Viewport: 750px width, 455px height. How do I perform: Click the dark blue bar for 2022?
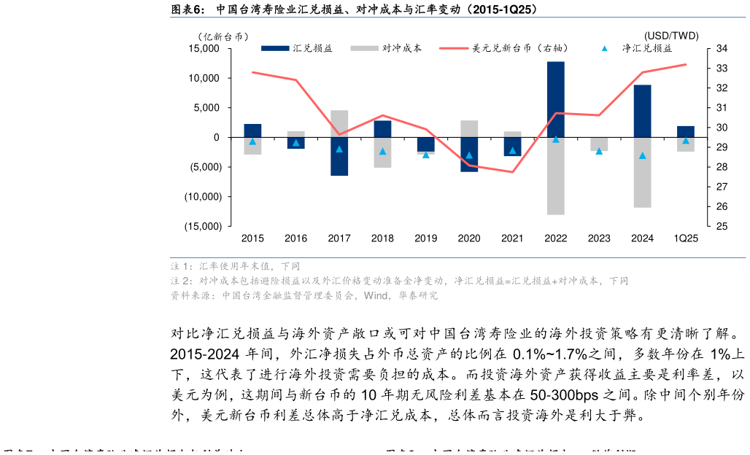(x=556, y=99)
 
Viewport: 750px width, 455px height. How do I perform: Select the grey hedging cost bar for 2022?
(x=556, y=176)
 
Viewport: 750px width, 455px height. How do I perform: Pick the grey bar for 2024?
(x=642, y=172)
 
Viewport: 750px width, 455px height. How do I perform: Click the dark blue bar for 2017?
(x=339, y=156)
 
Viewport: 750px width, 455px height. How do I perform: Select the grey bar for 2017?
(x=339, y=123)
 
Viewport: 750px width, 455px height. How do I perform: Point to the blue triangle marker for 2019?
(x=426, y=155)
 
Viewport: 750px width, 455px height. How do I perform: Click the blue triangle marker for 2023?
(x=599, y=151)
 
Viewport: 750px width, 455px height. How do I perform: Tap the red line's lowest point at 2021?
(x=512, y=172)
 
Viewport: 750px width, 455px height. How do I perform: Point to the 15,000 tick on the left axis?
(x=204, y=49)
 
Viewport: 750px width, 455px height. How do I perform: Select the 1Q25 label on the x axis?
(x=686, y=238)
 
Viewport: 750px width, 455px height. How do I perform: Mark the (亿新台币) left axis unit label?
(x=223, y=36)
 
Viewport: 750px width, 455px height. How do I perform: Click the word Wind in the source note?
(x=376, y=296)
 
